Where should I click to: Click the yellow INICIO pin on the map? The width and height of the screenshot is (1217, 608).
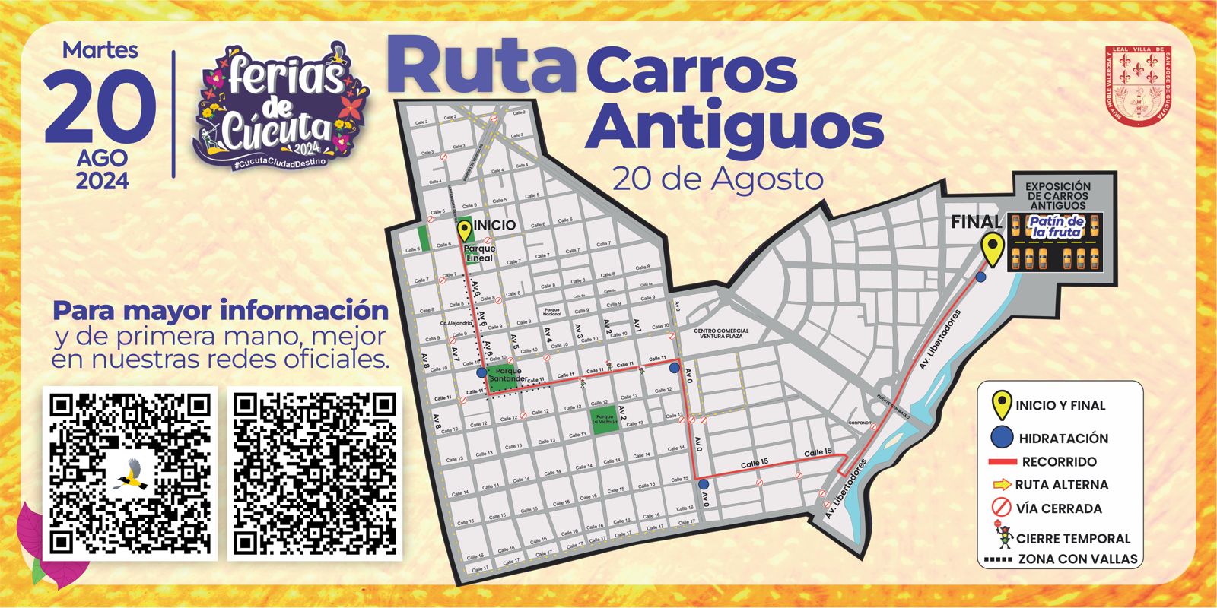(463, 230)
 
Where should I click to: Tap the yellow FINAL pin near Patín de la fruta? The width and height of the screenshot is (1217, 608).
(991, 248)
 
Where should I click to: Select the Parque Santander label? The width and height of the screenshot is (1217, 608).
(507, 375)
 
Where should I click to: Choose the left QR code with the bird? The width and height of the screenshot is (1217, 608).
(130, 473)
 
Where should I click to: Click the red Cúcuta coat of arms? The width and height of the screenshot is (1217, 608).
(1138, 85)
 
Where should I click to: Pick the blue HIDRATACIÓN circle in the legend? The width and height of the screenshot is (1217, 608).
(1003, 438)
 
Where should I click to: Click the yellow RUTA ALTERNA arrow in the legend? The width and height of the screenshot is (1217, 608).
(1002, 484)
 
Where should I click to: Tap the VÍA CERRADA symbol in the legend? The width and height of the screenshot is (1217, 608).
(1002, 508)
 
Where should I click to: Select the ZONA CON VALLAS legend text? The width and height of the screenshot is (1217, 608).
(1078, 559)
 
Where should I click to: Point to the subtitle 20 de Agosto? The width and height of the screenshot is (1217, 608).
(717, 179)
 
